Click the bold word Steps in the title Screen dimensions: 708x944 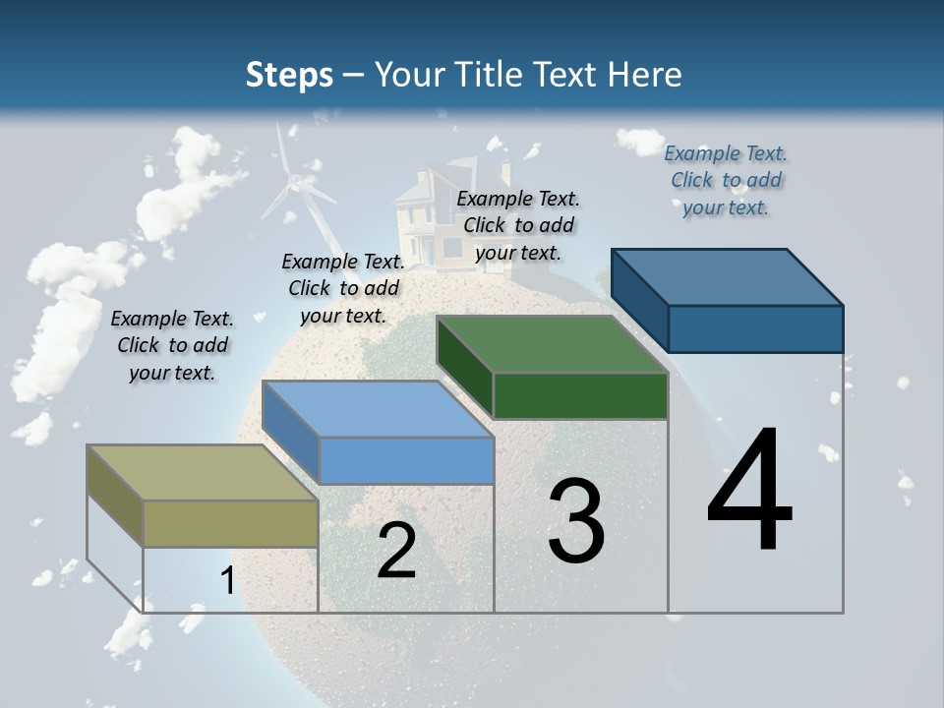(289, 75)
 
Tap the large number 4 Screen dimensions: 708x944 (749, 491)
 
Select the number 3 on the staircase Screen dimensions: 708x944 (576, 521)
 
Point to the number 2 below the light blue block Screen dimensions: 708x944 (396, 551)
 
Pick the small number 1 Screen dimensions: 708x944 (228, 581)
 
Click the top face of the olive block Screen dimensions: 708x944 (202, 473)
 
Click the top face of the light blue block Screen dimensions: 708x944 (378, 409)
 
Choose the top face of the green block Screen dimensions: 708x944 (552, 344)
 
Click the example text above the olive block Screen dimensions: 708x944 (172, 345)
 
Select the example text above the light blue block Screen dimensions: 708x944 (343, 288)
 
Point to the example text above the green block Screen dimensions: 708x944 (518, 225)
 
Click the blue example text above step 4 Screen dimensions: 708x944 (726, 180)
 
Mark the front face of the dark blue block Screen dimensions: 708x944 (755, 328)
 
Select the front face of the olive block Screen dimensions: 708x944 (230, 523)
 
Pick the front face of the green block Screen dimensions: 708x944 (580, 395)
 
